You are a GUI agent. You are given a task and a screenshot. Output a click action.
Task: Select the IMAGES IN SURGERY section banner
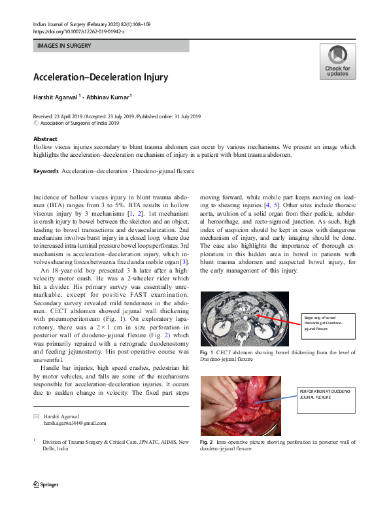point(110,46)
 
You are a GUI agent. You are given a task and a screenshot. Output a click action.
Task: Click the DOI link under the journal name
point(78,31)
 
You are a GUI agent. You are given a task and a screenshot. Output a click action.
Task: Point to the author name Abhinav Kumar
point(110,97)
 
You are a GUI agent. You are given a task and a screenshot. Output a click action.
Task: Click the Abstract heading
point(45,139)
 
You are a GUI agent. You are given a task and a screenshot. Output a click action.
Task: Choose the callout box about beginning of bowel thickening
point(324,324)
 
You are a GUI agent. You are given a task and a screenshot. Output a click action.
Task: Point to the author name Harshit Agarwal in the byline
point(56,97)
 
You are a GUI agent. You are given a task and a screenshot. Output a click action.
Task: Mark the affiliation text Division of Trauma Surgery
point(85,442)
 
